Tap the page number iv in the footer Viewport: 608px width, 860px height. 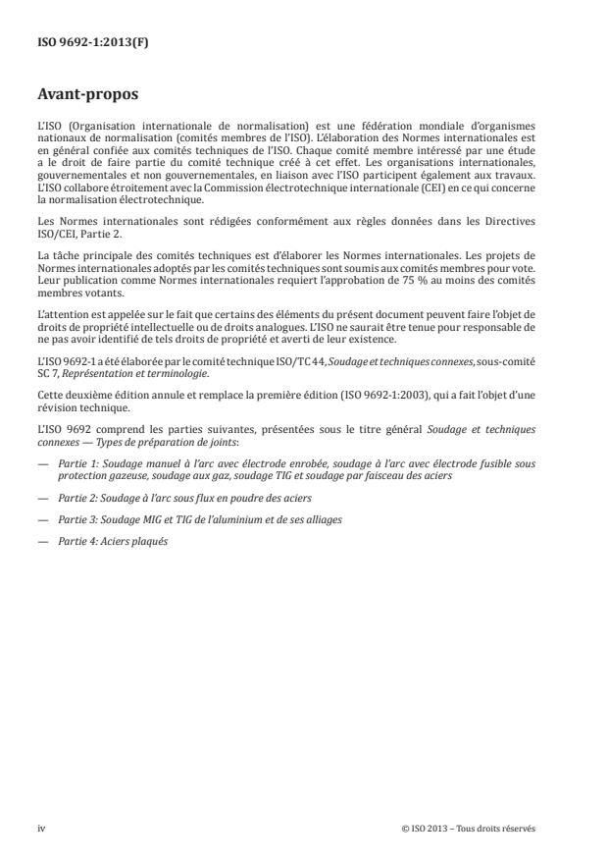pos(42,828)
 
